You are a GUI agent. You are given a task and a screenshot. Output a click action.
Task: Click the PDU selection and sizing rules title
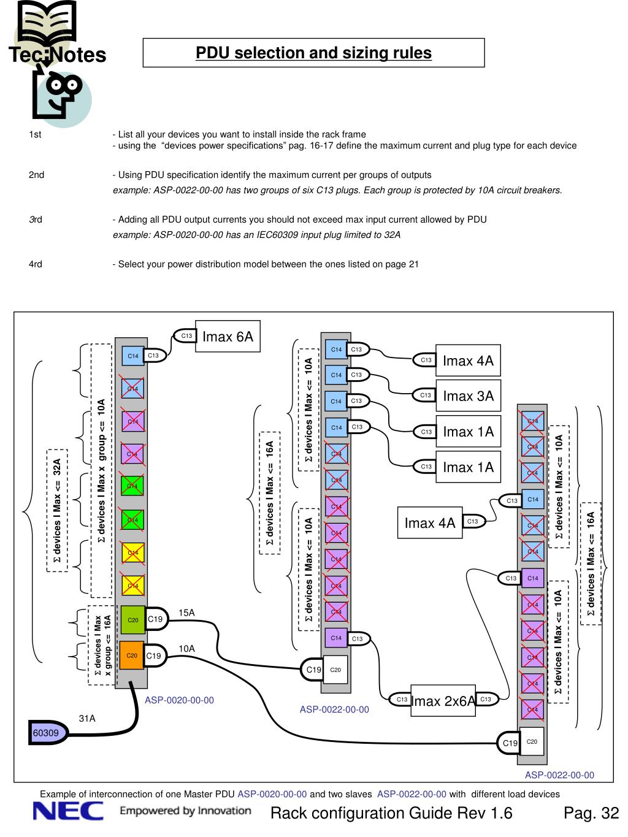[x=313, y=53]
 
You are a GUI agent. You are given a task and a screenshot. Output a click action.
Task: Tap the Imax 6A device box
[x=228, y=337]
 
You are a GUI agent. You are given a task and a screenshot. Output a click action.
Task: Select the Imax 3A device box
[x=468, y=396]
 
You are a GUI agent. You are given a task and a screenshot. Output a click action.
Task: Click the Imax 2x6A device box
[x=443, y=700]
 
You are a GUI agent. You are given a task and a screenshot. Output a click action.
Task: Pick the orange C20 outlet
[x=131, y=656]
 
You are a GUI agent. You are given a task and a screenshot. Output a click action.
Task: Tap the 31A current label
[x=87, y=718]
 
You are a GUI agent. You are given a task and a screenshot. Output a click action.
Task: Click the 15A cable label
[x=186, y=613]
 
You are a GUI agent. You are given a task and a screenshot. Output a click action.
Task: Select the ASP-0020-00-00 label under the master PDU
[x=179, y=700]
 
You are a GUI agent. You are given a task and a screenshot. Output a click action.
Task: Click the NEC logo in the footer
[x=68, y=812]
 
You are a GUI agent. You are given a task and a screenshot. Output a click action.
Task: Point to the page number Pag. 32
[x=591, y=814]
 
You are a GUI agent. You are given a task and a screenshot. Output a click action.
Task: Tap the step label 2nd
[x=37, y=175]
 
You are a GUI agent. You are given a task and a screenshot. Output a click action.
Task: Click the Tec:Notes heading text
[x=57, y=55]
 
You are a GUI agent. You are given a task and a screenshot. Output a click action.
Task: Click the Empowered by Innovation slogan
[x=185, y=811]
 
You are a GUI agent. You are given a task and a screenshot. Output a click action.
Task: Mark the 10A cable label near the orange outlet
[x=186, y=648]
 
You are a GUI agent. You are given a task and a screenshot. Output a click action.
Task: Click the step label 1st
[x=35, y=134]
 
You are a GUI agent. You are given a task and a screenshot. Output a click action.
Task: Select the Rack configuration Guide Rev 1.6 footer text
[x=391, y=814]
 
